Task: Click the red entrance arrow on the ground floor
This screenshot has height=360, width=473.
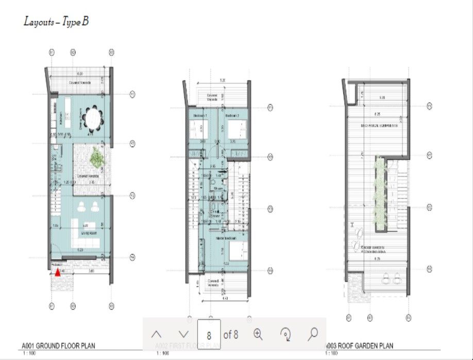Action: (x=58, y=273)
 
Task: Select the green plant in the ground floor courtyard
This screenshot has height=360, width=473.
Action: (x=96, y=157)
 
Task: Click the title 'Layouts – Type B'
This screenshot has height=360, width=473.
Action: (x=56, y=22)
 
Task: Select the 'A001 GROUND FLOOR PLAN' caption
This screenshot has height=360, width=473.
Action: (x=58, y=346)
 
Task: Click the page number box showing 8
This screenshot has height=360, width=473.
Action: (x=209, y=335)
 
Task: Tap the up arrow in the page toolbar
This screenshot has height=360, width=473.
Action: (x=157, y=334)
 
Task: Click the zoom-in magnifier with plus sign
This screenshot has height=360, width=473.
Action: (x=258, y=334)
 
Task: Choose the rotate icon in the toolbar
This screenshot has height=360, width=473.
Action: (x=285, y=334)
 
